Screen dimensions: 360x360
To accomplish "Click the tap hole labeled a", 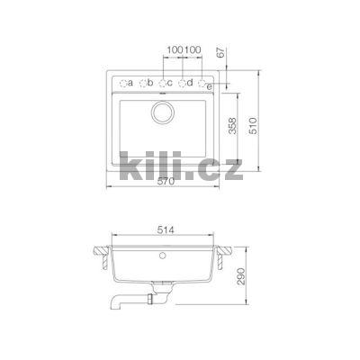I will tap(123, 84).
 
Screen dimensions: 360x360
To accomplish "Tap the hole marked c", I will tap(163, 84).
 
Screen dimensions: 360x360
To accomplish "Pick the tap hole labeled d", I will tap(183, 84).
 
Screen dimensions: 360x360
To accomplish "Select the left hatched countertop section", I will tap(102, 247).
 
